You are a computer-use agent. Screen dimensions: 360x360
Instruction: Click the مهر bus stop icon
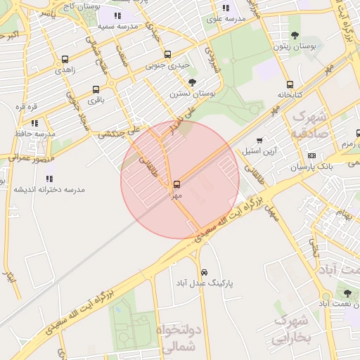click(x=176, y=184)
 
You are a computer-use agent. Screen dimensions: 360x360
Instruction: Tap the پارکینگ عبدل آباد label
click(x=204, y=283)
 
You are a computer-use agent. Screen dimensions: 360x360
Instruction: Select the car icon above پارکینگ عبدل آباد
click(x=204, y=271)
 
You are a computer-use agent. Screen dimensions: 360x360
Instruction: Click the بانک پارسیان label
click(x=310, y=167)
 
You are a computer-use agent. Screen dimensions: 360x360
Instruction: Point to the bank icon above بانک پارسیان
click(x=311, y=155)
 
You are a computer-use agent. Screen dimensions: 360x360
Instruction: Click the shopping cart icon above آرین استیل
click(x=260, y=141)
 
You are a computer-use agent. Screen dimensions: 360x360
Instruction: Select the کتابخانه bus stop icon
click(x=290, y=84)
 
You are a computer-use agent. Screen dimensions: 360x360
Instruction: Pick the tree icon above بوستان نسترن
click(x=192, y=82)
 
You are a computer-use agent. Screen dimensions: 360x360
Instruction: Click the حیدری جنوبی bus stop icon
click(x=167, y=54)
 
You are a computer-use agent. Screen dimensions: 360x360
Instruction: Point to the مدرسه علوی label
click(x=225, y=19)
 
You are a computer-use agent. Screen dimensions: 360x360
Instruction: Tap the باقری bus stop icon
click(x=96, y=90)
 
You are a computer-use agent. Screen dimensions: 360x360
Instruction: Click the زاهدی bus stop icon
click(x=65, y=60)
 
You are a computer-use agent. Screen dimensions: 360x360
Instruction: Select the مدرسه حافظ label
click(x=34, y=134)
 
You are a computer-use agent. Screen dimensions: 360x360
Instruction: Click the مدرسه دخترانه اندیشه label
click(x=49, y=189)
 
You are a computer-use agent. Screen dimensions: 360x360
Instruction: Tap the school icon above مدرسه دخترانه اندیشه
click(x=49, y=179)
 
